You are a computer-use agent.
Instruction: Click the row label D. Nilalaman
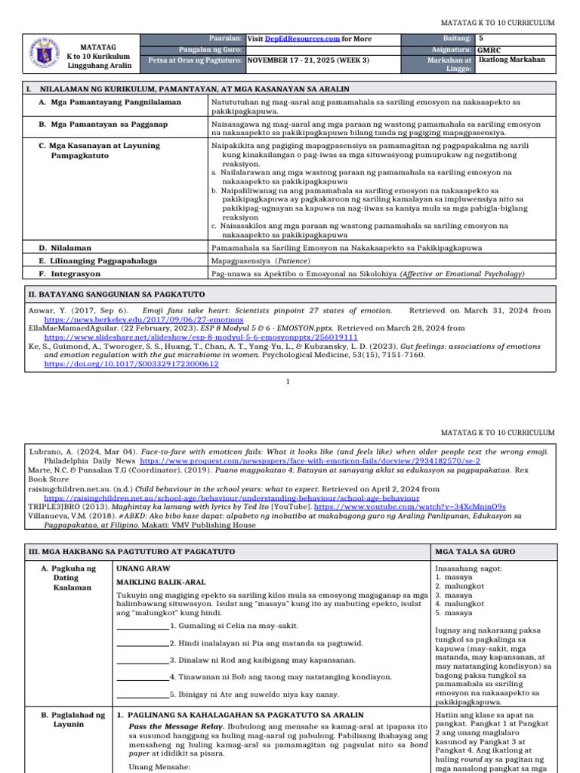click(x=66, y=247)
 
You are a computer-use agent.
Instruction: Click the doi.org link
click(x=131, y=364)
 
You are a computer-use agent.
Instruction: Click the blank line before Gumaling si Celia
click(x=143, y=627)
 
